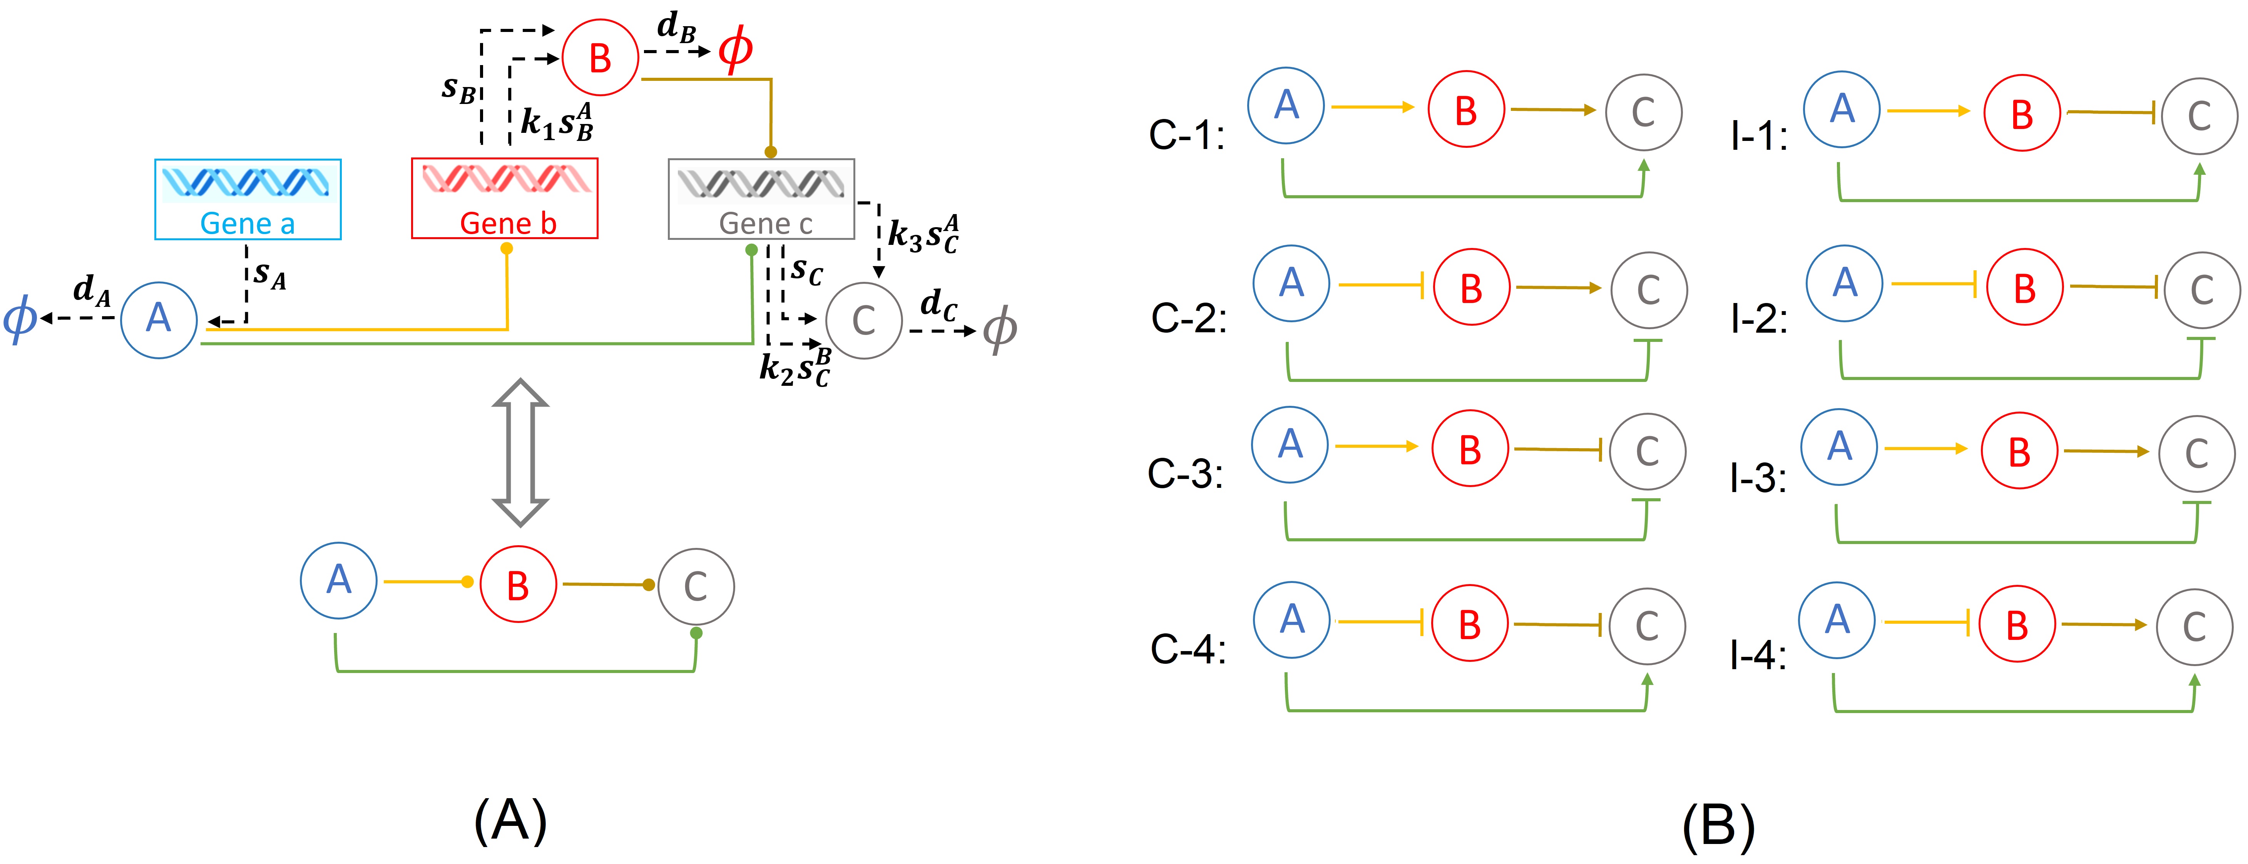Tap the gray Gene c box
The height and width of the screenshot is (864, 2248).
761,199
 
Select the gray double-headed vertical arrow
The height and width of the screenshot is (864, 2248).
520,452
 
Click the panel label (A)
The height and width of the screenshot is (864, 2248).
510,820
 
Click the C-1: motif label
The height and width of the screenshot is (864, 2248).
1187,135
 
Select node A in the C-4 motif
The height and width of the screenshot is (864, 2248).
1291,620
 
